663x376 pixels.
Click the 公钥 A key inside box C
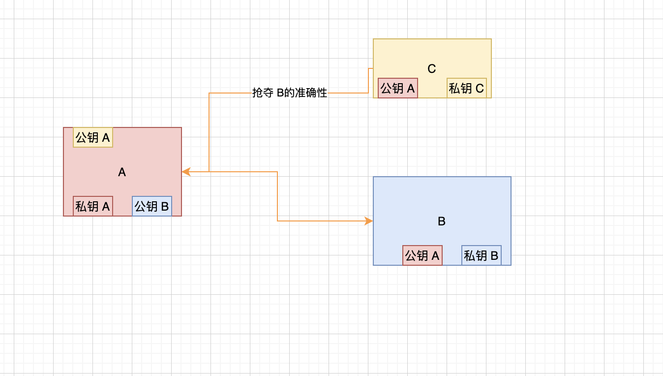tap(398, 88)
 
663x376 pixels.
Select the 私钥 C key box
tap(467, 88)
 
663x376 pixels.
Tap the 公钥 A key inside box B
tap(422, 255)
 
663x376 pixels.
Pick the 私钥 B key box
tap(482, 255)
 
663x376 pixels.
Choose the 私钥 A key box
tap(93, 206)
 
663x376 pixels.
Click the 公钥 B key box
tap(152, 206)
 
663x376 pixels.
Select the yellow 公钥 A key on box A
tap(93, 137)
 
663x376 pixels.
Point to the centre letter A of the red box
tap(122, 172)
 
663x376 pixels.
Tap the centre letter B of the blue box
tap(442, 221)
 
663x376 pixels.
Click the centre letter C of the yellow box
tap(432, 69)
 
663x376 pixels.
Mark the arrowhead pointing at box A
tap(186, 172)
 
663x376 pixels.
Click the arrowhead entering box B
tap(369, 221)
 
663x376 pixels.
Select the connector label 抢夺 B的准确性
tap(290, 93)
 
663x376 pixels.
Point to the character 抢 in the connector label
tap(257, 93)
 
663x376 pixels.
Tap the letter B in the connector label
tap(280, 93)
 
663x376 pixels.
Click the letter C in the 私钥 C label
tap(480, 89)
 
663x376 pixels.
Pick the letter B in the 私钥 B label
tap(494, 256)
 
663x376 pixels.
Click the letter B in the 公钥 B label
tap(165, 207)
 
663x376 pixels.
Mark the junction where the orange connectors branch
tap(209, 172)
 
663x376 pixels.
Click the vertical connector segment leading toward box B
tap(277, 196)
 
